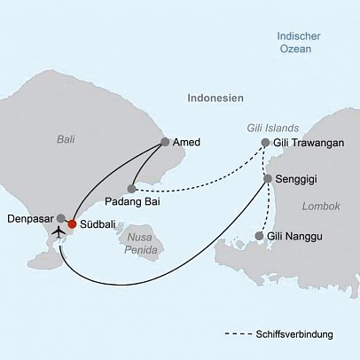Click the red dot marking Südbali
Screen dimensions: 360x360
[72, 223]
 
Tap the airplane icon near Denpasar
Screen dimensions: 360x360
[59, 232]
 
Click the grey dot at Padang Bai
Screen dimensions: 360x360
[131, 188]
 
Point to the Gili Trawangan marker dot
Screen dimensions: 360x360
[265, 143]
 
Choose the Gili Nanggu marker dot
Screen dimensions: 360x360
[258, 236]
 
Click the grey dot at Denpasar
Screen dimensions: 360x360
[60, 217]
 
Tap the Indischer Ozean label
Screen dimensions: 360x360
[294, 43]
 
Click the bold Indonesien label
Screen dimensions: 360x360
[215, 100]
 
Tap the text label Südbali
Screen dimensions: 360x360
[98, 224]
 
